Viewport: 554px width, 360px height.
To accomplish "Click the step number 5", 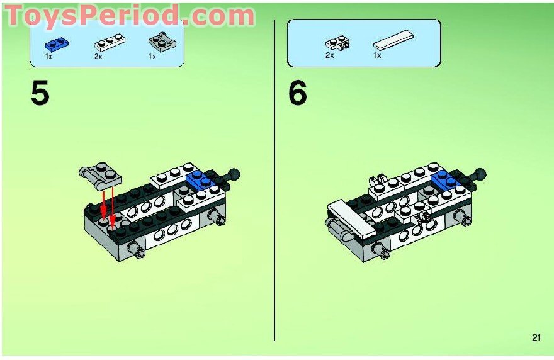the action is coord(40,93).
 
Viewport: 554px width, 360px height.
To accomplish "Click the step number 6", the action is coord(298,93).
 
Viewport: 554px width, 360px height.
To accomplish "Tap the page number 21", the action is coord(536,338).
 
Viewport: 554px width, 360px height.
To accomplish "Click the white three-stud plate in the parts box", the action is coord(110,42).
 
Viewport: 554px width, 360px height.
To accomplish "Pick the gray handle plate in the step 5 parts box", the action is coord(162,42).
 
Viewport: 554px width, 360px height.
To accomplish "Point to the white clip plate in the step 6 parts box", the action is coord(338,42).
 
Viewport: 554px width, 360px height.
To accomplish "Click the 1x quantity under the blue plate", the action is coord(48,56).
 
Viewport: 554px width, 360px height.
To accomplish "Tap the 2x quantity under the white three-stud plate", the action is coord(98,56).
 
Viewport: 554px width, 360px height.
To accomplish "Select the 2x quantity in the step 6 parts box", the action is coord(330,55).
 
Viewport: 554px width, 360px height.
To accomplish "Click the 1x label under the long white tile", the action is coord(377,55).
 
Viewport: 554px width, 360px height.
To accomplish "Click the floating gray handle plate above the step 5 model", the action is coord(100,174).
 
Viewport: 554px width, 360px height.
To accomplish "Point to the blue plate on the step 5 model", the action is coord(200,179).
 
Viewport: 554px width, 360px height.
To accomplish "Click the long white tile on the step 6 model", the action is coord(351,219).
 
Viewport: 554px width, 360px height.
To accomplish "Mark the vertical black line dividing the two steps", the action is coord(274,180).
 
